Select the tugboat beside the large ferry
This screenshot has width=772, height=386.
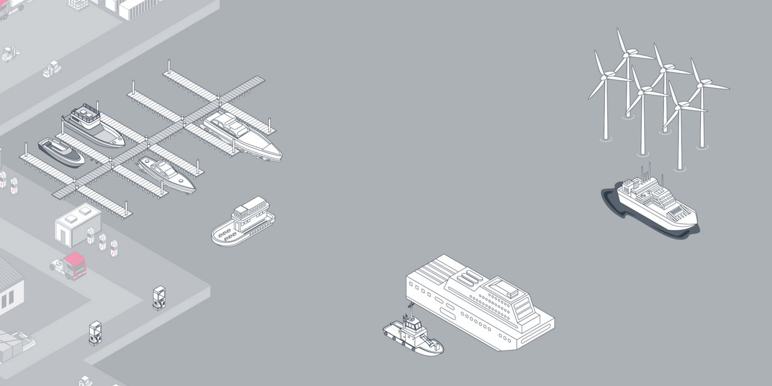(x=413, y=335)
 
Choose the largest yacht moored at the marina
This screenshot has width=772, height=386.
(x=241, y=133)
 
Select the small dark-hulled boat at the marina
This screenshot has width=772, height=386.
(x=61, y=152)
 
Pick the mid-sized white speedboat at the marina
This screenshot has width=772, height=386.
(x=166, y=173)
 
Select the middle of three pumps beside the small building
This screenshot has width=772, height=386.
(x=103, y=242)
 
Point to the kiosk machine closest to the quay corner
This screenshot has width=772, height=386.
(x=159, y=297)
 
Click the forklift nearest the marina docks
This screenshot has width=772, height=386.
(x=52, y=69)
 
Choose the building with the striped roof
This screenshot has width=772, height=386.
(x=10, y=286)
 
